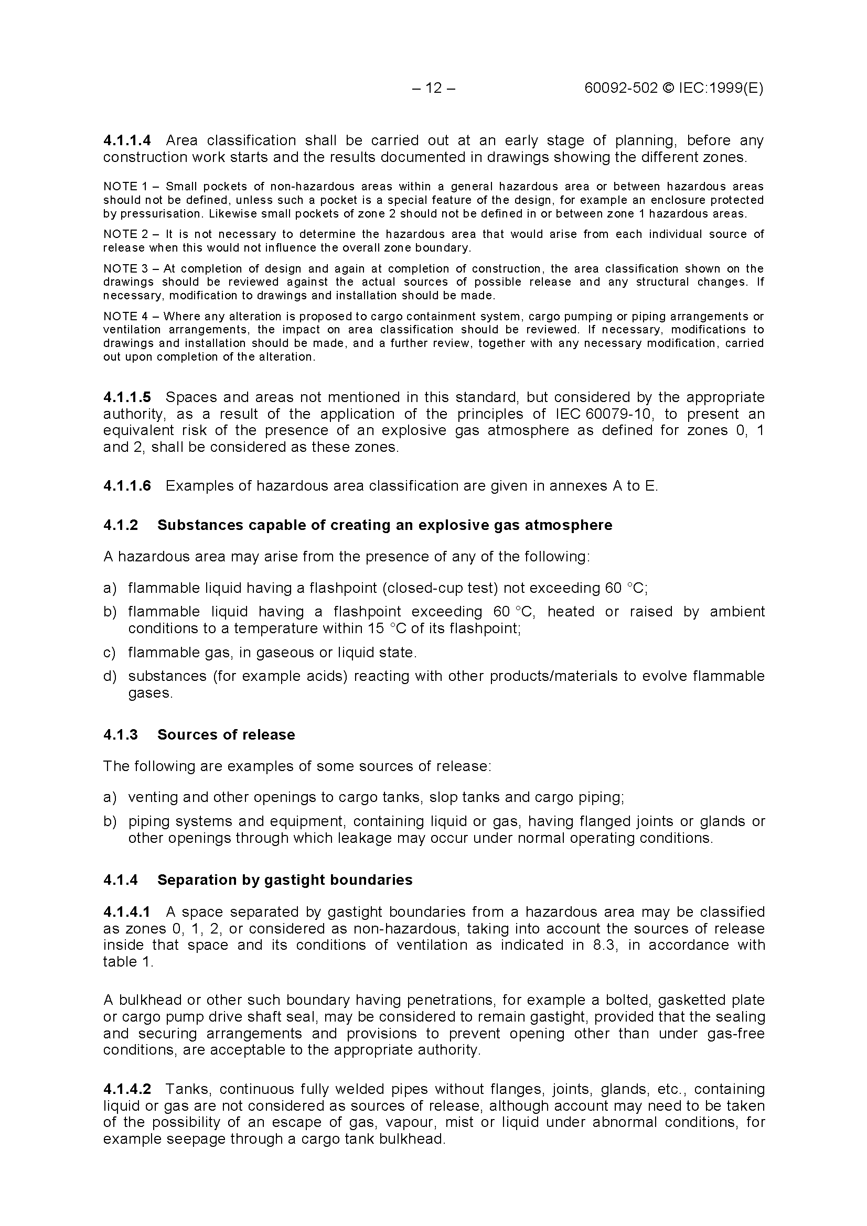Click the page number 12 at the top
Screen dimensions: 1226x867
pyautogui.click(x=434, y=88)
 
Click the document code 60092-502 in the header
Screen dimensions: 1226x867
pyautogui.click(x=620, y=88)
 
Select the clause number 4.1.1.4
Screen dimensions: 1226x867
pyautogui.click(x=127, y=140)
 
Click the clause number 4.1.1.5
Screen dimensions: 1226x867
pyautogui.click(x=127, y=397)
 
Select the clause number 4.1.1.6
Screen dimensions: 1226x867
pyautogui.click(x=127, y=486)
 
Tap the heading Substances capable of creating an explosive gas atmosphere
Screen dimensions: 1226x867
pyautogui.click(x=384, y=525)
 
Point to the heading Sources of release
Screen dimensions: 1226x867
pyautogui.click(x=226, y=735)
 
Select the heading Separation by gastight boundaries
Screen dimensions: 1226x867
pyautogui.click(x=285, y=880)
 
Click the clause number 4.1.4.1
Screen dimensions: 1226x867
pyautogui.click(x=127, y=912)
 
